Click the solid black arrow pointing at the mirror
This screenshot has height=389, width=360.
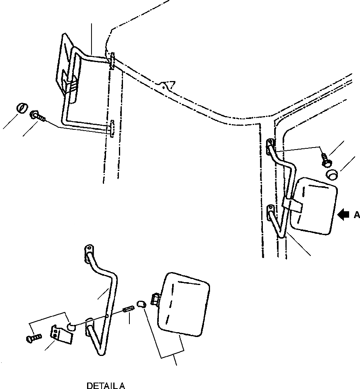[343, 215]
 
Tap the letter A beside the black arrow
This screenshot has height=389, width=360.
[356, 215]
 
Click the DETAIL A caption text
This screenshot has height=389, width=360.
[106, 386]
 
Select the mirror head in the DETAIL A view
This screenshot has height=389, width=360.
[185, 304]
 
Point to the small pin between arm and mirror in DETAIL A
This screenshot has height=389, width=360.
[128, 312]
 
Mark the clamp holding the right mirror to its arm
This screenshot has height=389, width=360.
[292, 204]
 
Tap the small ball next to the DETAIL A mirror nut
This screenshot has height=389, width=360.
[140, 304]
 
